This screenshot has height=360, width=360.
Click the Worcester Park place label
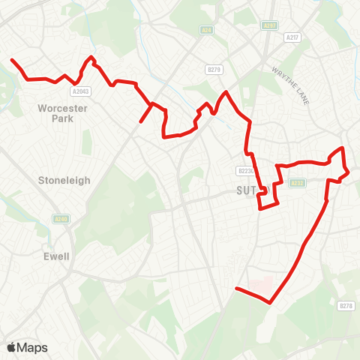(63, 112)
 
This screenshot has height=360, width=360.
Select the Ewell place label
(56, 256)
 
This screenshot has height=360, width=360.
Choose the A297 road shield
(270, 25)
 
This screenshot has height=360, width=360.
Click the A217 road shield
(292, 37)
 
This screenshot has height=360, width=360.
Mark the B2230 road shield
(247, 170)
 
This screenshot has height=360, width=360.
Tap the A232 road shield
(298, 182)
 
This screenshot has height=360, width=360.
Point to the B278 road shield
(346, 305)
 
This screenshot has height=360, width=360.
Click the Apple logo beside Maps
(12, 347)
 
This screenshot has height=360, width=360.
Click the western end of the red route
(11, 59)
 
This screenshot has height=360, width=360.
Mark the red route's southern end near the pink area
(237, 289)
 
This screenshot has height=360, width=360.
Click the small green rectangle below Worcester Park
(86, 142)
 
